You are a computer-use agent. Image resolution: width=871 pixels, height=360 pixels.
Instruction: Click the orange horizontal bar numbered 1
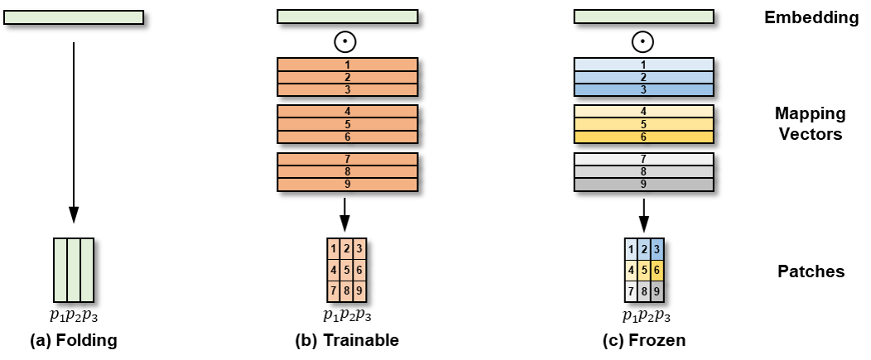pyautogui.click(x=347, y=65)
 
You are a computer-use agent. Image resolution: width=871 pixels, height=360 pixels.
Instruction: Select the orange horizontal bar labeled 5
pyautogui.click(x=347, y=124)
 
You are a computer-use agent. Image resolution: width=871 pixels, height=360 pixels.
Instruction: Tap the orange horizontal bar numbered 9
pyautogui.click(x=347, y=185)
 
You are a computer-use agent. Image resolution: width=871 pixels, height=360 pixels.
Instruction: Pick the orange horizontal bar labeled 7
pyautogui.click(x=347, y=159)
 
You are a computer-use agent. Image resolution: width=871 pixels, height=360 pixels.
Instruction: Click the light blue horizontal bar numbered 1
pyautogui.click(x=643, y=65)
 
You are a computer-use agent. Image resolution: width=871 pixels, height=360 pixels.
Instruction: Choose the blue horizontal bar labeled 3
pyautogui.click(x=643, y=89)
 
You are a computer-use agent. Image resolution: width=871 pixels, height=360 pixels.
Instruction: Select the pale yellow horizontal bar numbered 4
pyautogui.click(x=643, y=111)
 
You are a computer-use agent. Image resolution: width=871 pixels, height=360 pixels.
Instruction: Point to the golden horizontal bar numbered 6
pyautogui.click(x=643, y=137)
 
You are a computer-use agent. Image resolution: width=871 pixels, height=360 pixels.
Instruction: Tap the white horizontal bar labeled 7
pyautogui.click(x=643, y=159)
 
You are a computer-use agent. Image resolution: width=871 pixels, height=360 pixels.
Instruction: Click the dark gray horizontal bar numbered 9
pyautogui.click(x=643, y=185)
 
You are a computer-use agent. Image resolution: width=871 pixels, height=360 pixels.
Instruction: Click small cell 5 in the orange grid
pyautogui.click(x=346, y=270)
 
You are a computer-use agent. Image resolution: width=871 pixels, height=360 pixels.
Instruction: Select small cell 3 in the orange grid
pyautogui.click(x=359, y=248)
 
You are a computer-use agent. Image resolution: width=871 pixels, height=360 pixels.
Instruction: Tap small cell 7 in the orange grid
pyautogui.click(x=333, y=291)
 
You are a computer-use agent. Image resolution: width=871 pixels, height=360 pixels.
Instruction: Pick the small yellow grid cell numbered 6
pyautogui.click(x=657, y=270)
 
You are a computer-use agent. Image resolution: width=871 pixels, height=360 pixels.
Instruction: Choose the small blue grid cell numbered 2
pyautogui.click(x=643, y=248)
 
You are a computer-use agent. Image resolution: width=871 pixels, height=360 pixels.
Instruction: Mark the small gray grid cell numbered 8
pyautogui.click(x=643, y=291)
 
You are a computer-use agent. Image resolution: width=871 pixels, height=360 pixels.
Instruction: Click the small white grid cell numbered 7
pyautogui.click(x=631, y=291)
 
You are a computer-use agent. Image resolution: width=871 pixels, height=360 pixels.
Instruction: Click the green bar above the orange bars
pyautogui.click(x=347, y=17)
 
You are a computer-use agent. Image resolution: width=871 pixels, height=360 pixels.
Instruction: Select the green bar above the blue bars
pyautogui.click(x=643, y=17)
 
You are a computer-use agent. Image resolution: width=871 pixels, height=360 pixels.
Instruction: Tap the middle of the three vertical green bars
pyautogui.click(x=74, y=270)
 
